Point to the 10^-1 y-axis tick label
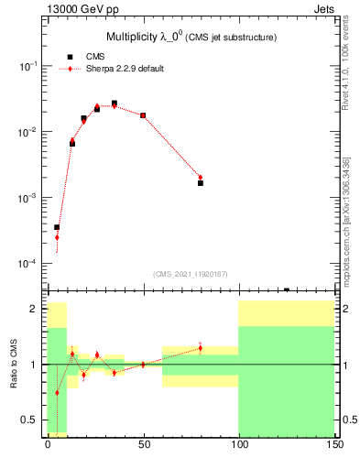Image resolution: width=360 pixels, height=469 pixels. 29,67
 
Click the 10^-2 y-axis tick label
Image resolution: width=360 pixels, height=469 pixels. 29,133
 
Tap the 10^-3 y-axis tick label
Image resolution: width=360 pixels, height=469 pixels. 29,199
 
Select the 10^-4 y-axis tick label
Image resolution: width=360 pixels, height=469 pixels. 29,265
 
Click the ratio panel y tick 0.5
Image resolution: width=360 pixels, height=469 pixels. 32,420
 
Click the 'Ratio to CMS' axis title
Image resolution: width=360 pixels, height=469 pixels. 14,365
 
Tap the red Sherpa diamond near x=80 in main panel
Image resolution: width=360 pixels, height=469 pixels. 201,178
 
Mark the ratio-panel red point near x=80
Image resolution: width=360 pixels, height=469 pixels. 201,348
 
